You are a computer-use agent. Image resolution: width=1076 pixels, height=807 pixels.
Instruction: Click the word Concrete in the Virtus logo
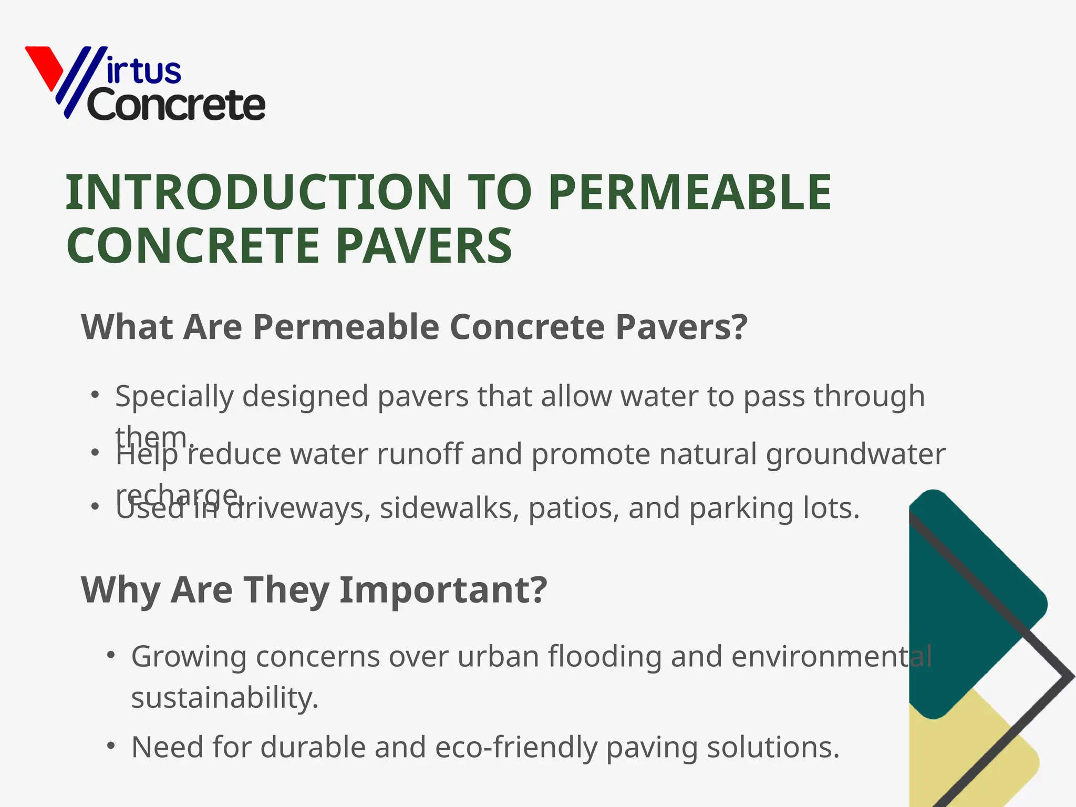177,106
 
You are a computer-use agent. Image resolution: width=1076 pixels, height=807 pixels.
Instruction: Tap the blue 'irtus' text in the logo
143,71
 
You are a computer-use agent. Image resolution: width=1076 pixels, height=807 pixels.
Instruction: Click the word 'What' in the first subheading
127,327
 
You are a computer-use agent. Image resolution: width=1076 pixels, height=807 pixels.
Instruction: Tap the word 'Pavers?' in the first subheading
681,327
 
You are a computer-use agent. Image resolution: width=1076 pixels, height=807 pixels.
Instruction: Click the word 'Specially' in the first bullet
174,396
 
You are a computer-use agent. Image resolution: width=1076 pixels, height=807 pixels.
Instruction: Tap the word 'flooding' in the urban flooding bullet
605,656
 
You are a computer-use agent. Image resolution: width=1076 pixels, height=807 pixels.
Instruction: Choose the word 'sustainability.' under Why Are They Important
225,698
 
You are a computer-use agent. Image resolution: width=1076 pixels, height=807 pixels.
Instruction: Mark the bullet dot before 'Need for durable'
110,746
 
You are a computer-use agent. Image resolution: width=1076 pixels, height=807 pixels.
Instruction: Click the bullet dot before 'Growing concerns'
110,655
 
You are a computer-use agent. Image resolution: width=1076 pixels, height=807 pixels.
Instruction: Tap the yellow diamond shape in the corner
972,757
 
